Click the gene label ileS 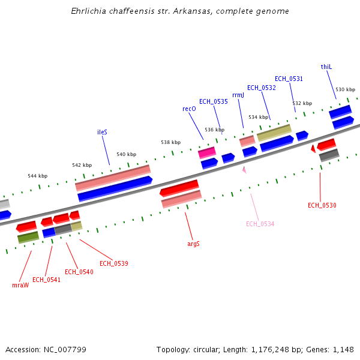click(x=102, y=132)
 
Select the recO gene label click(x=189, y=109)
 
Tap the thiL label click(x=326, y=67)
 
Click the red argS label click(x=193, y=244)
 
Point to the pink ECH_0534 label click(x=260, y=224)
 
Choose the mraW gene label click(x=20, y=285)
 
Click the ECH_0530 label click(x=322, y=205)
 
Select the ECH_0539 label click(x=114, y=263)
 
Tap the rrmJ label click(x=238, y=95)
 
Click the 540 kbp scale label click(x=127, y=154)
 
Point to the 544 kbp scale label click(x=37, y=176)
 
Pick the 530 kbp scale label click(x=345, y=89)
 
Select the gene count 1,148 click(x=344, y=349)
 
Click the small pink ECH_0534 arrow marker click(x=244, y=170)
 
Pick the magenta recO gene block click(x=206, y=152)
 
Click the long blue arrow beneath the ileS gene click(x=115, y=189)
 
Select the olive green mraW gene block click(x=28, y=238)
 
